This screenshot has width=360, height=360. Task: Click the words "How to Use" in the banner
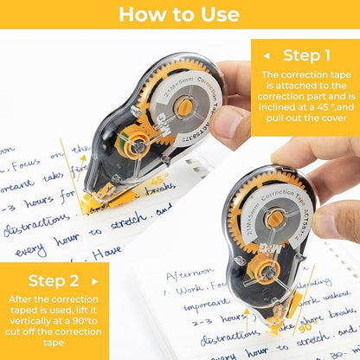point(180,15)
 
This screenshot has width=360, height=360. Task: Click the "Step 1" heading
point(313,55)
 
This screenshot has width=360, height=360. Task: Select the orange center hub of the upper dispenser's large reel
point(183,106)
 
